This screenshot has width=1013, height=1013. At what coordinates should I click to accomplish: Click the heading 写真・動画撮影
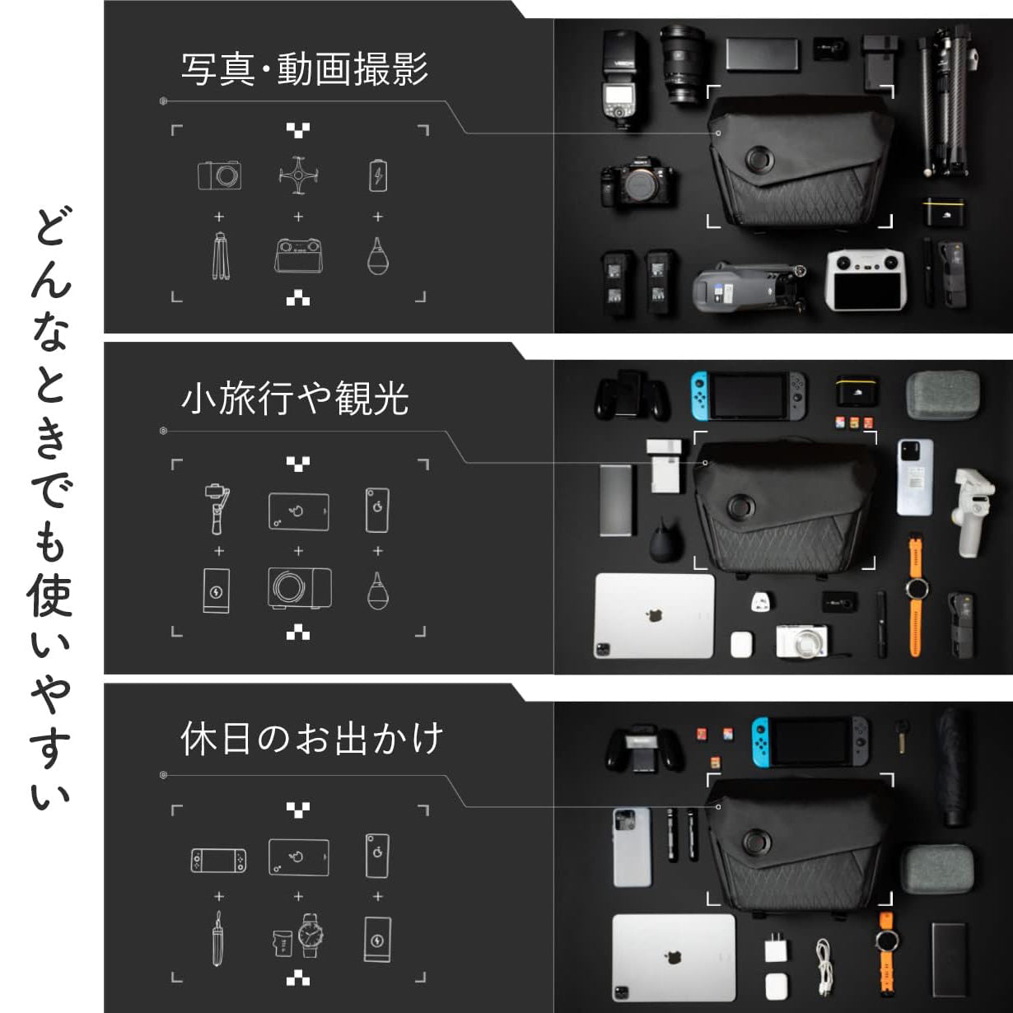click(305, 69)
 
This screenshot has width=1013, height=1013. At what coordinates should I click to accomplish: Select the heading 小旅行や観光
click(295, 399)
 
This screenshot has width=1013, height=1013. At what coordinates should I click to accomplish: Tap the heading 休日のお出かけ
click(312, 739)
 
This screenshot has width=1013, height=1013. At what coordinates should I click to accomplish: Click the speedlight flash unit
click(624, 79)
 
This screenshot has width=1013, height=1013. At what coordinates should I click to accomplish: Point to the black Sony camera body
click(637, 181)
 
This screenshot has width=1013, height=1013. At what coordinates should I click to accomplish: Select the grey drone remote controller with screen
click(866, 280)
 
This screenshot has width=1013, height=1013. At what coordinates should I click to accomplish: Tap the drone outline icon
click(298, 175)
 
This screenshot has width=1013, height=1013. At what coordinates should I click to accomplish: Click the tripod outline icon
click(220, 256)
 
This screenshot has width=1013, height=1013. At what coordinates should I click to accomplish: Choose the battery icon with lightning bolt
click(378, 176)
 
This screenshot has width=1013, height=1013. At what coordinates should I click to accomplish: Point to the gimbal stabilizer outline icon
click(217, 509)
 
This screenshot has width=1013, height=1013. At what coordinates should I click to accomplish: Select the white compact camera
click(802, 641)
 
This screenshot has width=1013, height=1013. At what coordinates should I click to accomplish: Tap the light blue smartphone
click(915, 478)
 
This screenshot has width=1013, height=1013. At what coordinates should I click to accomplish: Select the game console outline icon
click(218, 861)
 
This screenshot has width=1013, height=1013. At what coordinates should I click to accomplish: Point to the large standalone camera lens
click(683, 64)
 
